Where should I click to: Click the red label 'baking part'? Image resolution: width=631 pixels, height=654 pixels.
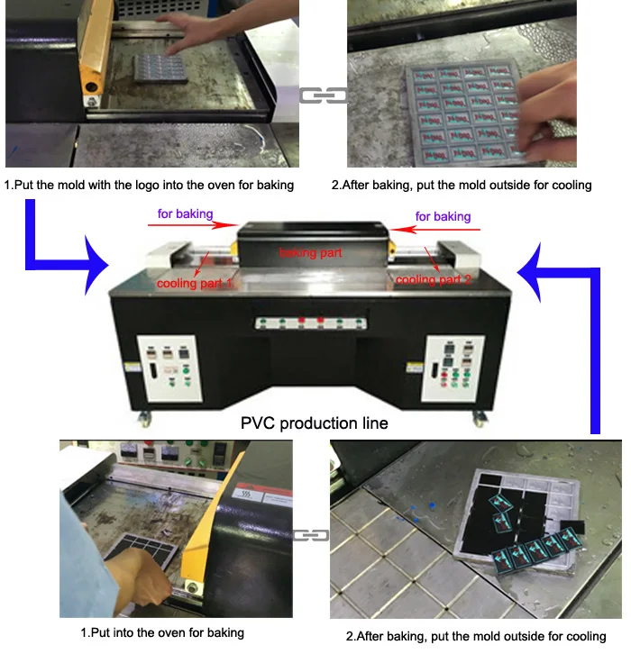coord(310,253)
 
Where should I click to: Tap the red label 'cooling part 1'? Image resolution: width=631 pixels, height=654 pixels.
coord(194,284)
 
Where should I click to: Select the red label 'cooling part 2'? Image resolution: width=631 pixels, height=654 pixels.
coord(434,279)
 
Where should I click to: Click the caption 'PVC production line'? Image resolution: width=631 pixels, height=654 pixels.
coord(315,423)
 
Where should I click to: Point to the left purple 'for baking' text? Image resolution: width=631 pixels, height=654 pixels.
coord(186,214)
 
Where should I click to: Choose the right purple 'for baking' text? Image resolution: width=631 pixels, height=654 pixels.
coord(443,216)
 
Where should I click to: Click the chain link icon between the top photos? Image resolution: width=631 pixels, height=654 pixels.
coord(324,95)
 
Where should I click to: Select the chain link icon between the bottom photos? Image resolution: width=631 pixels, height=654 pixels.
coord(311,535)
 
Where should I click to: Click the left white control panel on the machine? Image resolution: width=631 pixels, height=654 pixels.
coord(170,368)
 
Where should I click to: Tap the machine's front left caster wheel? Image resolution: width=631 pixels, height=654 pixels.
coord(145,419)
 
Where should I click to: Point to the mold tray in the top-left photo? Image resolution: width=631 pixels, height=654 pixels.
coord(160,68)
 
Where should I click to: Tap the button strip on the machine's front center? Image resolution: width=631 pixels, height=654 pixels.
coord(311,322)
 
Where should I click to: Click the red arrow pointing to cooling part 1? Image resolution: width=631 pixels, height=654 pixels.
coord(202,264)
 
